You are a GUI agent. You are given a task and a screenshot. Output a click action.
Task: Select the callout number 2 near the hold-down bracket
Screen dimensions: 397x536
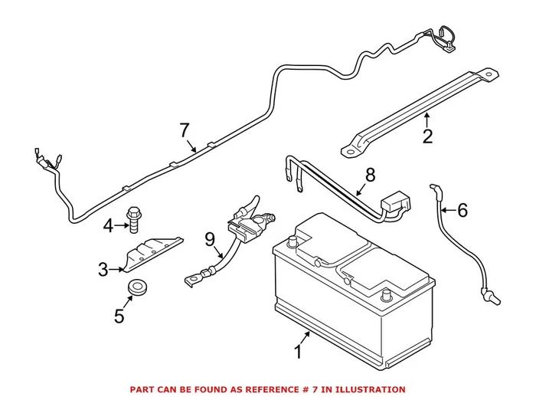(427, 137)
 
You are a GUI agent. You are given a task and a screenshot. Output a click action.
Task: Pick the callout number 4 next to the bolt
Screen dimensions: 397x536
(108, 225)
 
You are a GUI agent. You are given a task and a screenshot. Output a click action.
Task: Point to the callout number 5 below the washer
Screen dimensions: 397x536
(119, 316)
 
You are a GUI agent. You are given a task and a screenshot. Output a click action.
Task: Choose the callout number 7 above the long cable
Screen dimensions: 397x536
(184, 130)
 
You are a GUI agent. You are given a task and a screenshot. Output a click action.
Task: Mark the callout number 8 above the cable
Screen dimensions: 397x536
(370, 175)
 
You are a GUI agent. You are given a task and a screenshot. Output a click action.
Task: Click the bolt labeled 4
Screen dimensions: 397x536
(135, 219)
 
